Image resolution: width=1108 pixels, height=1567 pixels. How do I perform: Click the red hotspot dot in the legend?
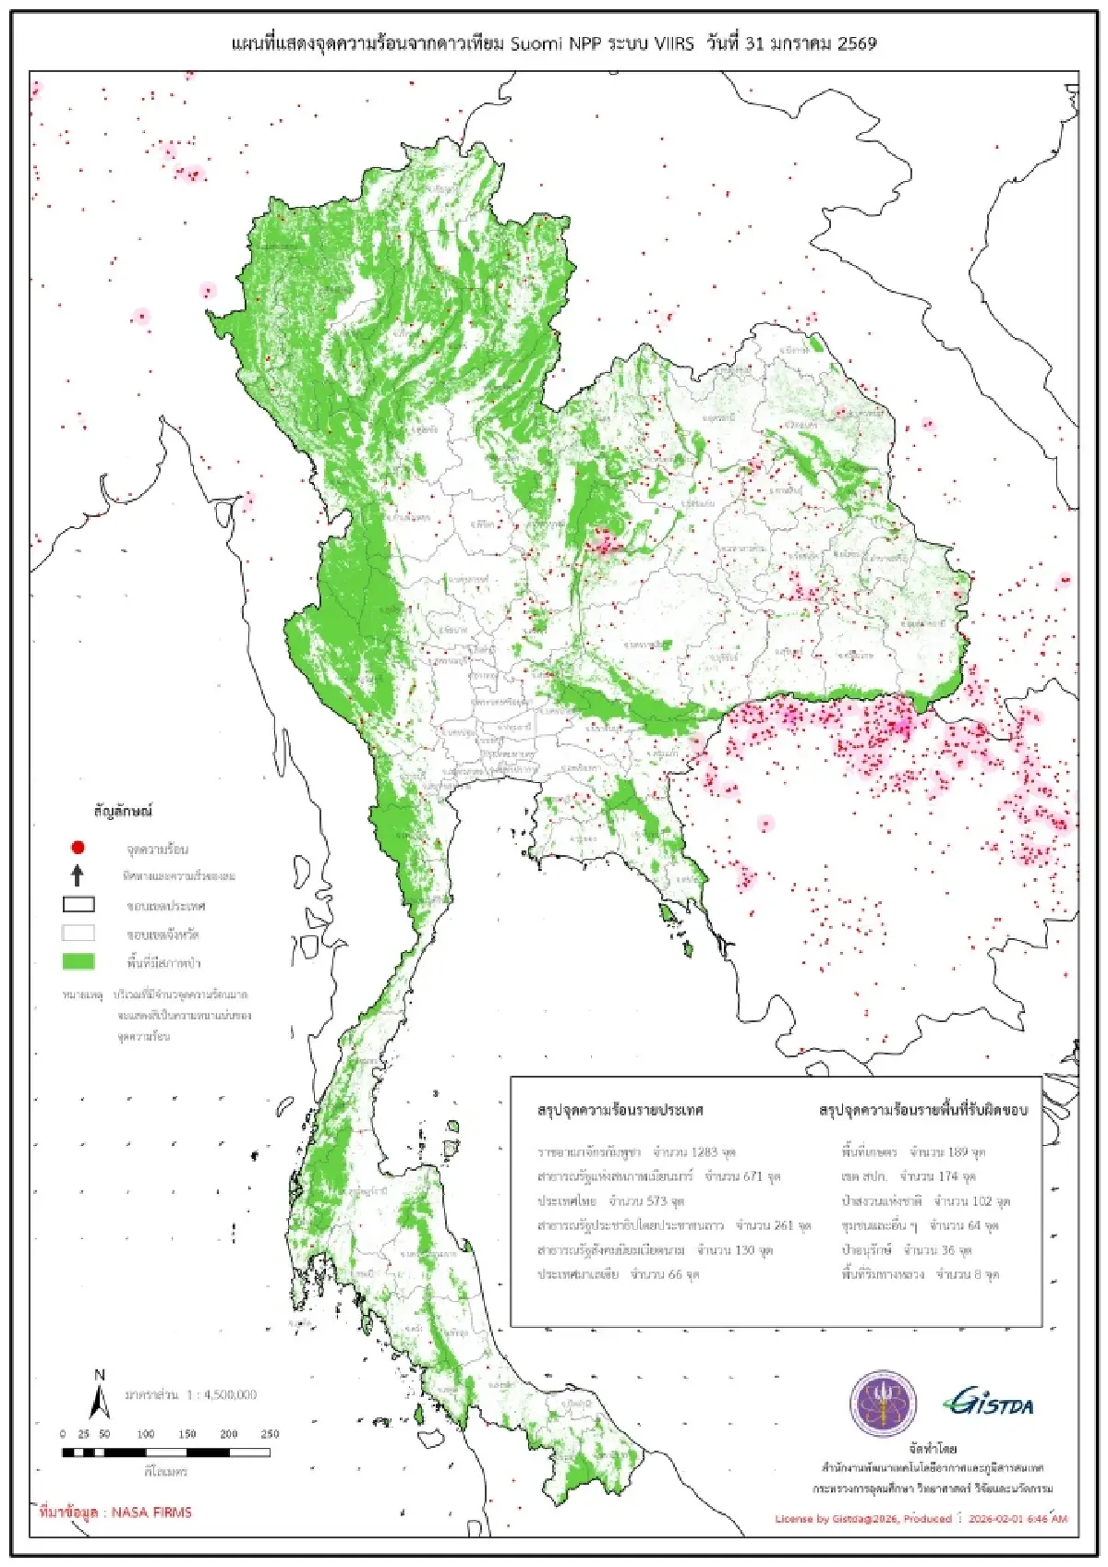[x=78, y=848]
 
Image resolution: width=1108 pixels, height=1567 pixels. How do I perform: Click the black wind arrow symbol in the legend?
[x=78, y=875]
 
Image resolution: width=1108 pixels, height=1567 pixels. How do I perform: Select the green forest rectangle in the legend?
[x=78, y=961]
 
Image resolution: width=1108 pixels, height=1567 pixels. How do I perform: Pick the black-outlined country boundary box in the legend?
[x=78, y=905]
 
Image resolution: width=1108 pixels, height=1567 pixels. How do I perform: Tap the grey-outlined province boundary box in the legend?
[x=78, y=934]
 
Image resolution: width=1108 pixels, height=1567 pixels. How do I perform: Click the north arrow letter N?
[x=100, y=1375]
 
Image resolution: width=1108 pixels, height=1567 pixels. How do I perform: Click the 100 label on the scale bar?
[x=146, y=1434]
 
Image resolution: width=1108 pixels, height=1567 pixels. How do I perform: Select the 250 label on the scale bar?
[x=270, y=1434]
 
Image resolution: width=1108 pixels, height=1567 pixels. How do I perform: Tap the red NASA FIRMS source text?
[x=116, y=1513]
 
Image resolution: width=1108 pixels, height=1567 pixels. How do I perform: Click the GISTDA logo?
[x=988, y=1403]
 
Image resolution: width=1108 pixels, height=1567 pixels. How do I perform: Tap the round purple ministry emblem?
[x=883, y=1404]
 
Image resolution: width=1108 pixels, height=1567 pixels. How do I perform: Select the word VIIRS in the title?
[x=674, y=43]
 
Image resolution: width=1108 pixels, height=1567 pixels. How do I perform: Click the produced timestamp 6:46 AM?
[x=1045, y=1518]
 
